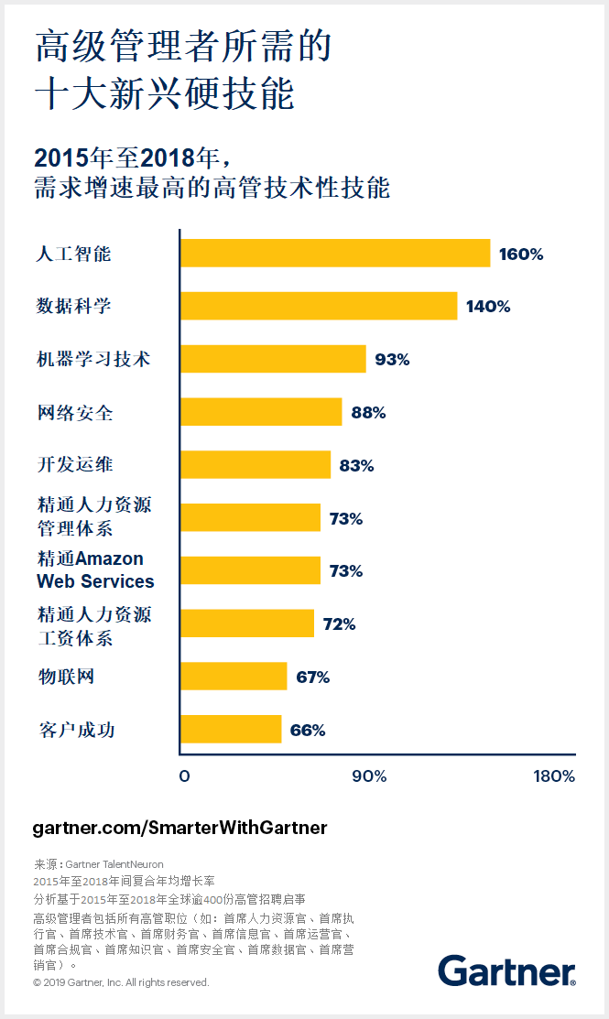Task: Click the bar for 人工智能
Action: tap(335, 254)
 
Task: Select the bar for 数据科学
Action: tap(319, 306)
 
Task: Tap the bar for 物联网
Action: tap(234, 677)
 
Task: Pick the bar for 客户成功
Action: tap(231, 730)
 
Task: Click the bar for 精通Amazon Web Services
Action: tap(250, 570)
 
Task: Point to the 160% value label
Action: tap(521, 255)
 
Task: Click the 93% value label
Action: tap(392, 360)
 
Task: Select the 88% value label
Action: tap(368, 413)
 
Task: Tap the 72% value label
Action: tap(339, 624)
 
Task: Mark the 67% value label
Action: tap(312, 678)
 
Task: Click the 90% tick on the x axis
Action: tap(369, 776)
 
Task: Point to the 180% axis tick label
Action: tap(554, 776)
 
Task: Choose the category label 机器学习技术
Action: tap(92, 360)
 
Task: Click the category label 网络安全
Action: tap(75, 413)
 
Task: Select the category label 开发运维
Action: tap(75, 465)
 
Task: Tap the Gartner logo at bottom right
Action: tap(506, 970)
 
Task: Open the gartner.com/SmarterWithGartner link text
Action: tap(179, 828)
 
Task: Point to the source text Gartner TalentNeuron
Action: tap(114, 863)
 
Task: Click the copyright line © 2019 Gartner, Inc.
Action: tap(121, 982)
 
